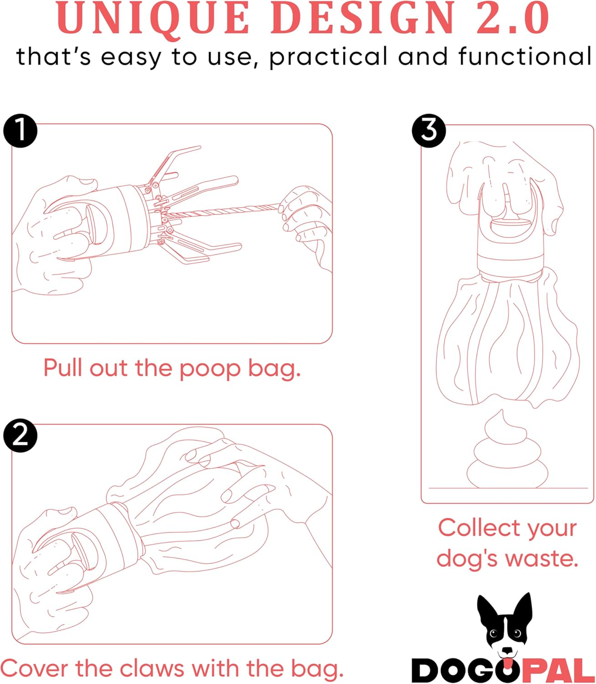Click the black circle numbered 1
point(20,131)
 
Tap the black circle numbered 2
point(20,435)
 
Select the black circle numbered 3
point(429,131)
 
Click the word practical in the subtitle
point(328,57)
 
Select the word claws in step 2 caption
point(152,668)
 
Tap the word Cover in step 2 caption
point(36,668)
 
